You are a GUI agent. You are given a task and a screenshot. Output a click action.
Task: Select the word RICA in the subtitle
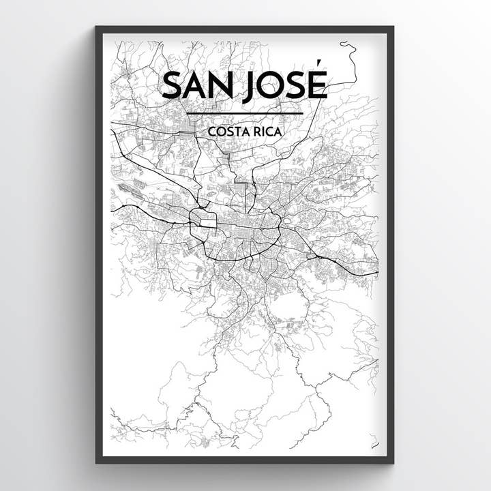tap(267, 130)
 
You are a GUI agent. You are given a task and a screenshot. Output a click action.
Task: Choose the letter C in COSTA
tap(213, 130)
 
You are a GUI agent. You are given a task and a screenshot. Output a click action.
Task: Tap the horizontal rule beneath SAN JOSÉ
tap(244, 113)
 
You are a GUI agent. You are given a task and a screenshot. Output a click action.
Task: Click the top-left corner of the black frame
tap(97, 28)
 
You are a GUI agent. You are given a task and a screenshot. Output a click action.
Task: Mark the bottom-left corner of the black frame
tap(97, 462)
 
